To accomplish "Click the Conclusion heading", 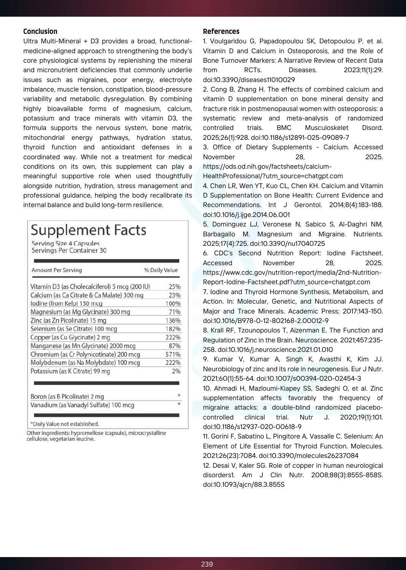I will pos(40,32).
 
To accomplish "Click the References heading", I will pos(221,32).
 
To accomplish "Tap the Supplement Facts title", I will pos(88,230).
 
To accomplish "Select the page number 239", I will pos(207,564).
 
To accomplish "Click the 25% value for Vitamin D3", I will pos(174,287).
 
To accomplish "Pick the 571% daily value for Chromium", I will pos(173,355).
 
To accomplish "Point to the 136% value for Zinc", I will pos(173,321).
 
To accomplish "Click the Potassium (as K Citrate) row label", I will pos(70,371).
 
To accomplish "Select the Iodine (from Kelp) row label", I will pos(67,304).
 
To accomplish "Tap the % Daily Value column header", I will pos(161,270).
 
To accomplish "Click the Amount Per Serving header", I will pos(57,270).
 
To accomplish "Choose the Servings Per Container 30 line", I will pos(69,250).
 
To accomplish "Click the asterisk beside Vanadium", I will pos(179,404).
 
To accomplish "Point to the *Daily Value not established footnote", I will pos(65,424).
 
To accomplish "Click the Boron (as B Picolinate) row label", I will pos(67,396).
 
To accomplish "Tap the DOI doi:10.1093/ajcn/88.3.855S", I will pos(244,484).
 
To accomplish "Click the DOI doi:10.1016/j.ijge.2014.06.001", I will pos(246,215).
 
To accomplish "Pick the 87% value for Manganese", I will pos(174,346).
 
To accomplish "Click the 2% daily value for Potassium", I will pos(176,371).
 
